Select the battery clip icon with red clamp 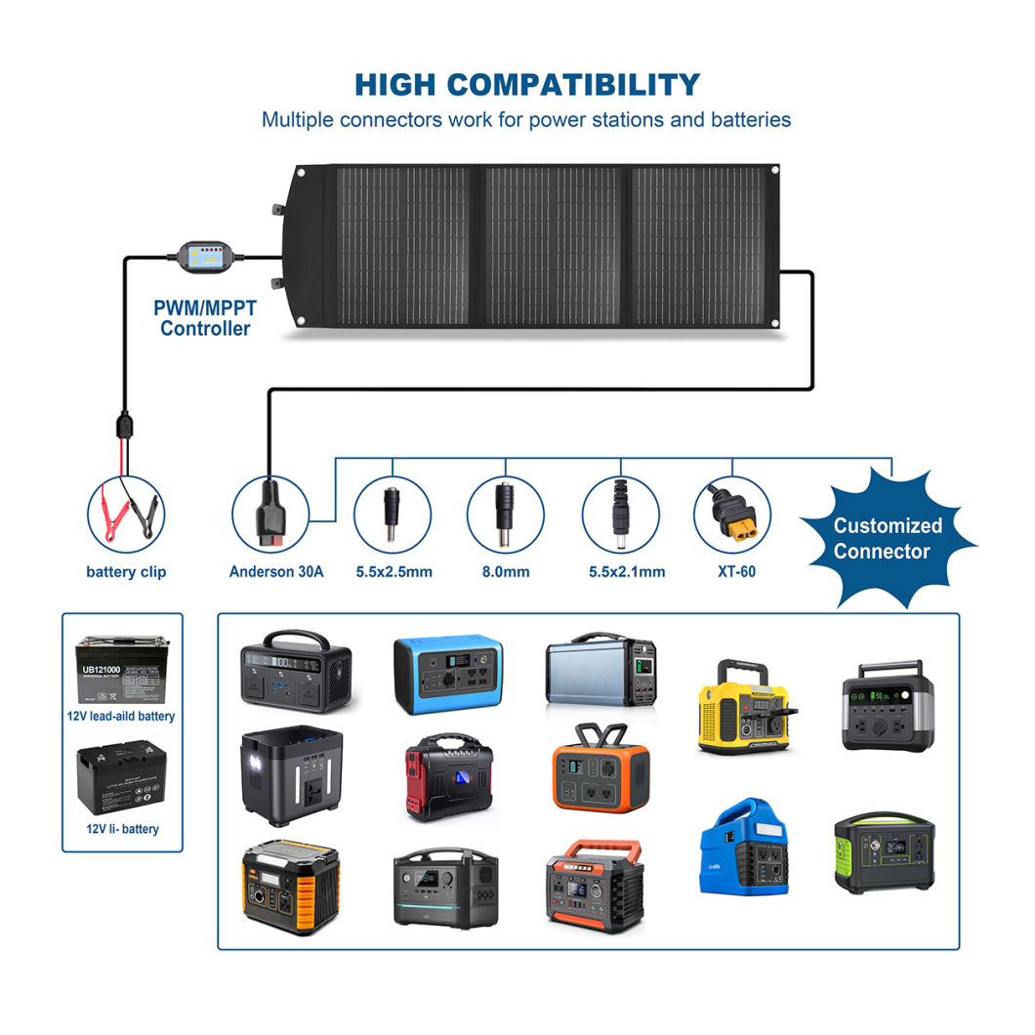pos(125,512)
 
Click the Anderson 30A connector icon pos(269,512)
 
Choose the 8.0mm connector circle pos(505,512)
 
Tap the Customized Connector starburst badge pos(888,538)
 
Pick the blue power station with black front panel pos(448,674)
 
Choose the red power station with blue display pos(448,777)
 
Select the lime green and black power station pos(884,851)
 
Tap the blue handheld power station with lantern pos(744,848)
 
